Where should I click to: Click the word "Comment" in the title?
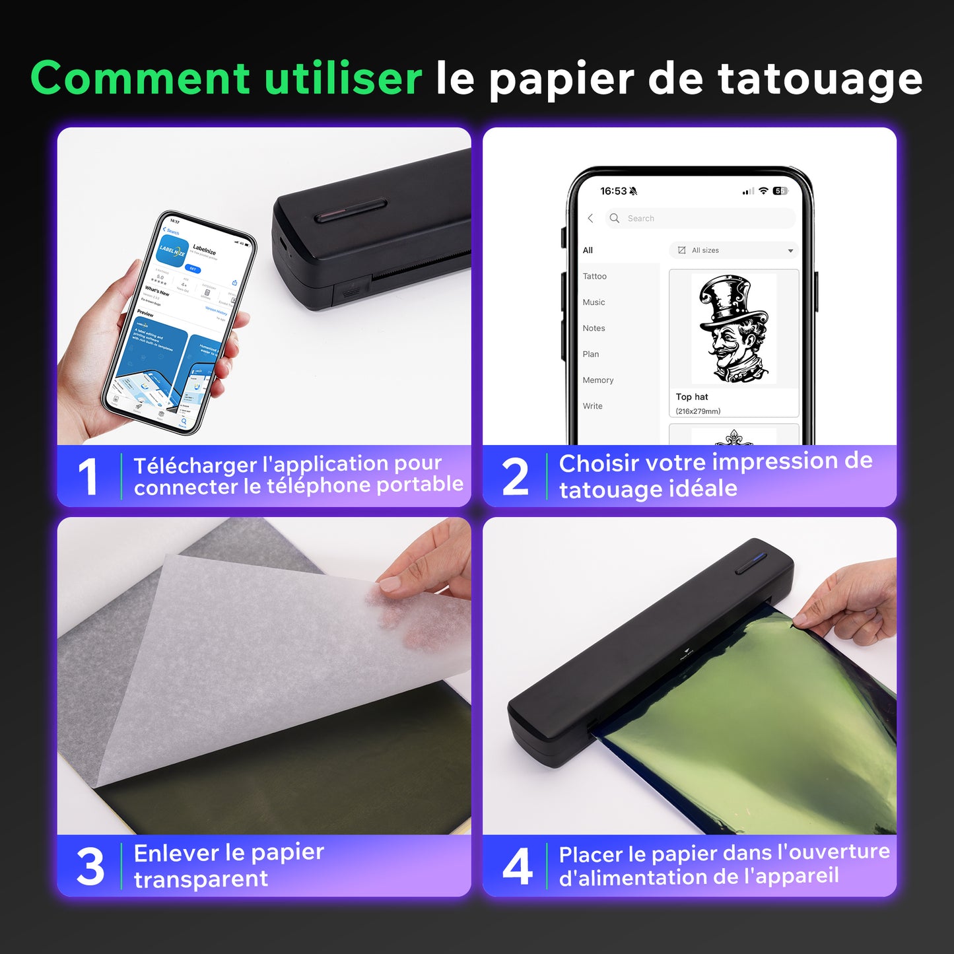pyautogui.click(x=140, y=78)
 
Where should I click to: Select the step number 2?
pyautogui.click(x=515, y=477)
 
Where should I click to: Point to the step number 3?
pyautogui.click(x=90, y=867)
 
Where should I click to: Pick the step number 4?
pyautogui.click(x=517, y=867)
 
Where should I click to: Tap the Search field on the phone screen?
pyautogui.click(x=700, y=219)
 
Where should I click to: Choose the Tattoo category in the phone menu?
pyautogui.click(x=594, y=277)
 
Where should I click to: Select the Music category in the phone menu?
pyautogui.click(x=594, y=302)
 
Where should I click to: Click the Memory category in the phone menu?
pyautogui.click(x=597, y=380)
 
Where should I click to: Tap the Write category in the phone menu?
pyautogui.click(x=592, y=406)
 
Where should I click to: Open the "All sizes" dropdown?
pyautogui.click(x=734, y=250)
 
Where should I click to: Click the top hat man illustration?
pyautogui.click(x=733, y=329)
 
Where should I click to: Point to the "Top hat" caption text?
pyautogui.click(x=691, y=397)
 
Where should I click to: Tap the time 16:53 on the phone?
pyautogui.click(x=613, y=191)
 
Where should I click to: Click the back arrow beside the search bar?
pyautogui.click(x=590, y=219)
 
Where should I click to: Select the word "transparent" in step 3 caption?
pyautogui.click(x=201, y=879)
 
